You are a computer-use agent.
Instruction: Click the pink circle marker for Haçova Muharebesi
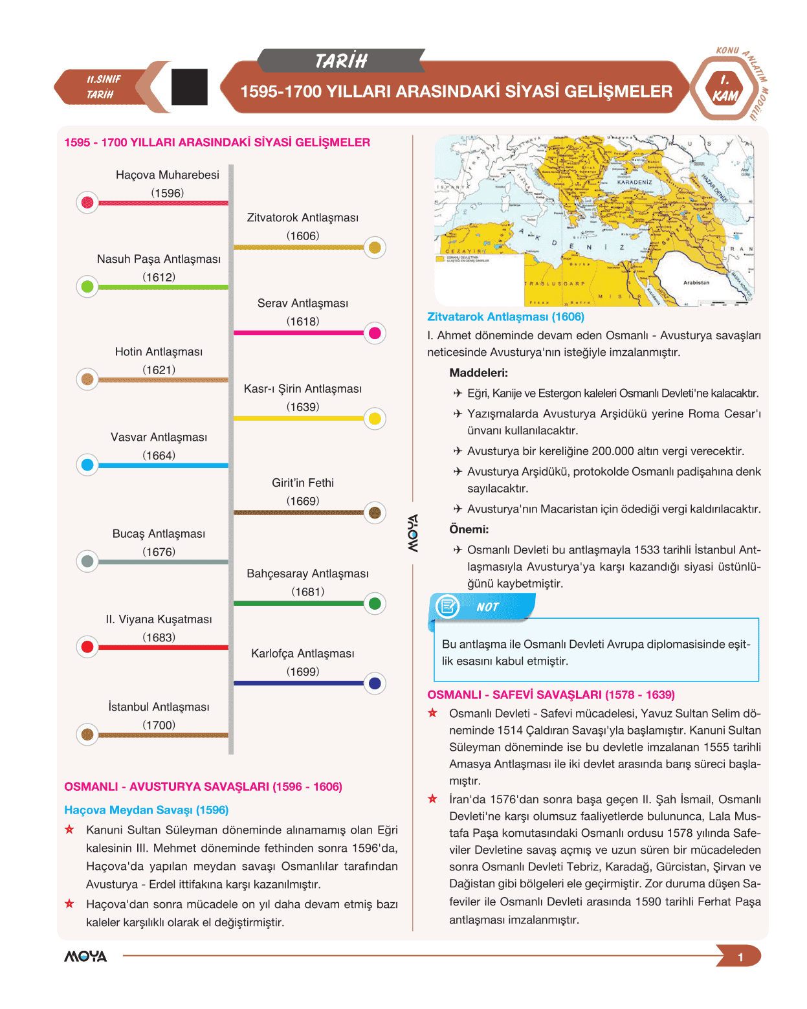click(x=87, y=203)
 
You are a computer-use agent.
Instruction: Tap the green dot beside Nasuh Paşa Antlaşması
click(x=87, y=286)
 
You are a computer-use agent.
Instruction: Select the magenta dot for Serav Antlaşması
click(x=375, y=333)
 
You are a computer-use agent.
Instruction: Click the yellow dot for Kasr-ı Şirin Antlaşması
click(x=375, y=419)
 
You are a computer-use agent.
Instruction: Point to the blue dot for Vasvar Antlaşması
click(x=87, y=465)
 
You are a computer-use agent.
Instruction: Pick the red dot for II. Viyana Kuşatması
click(x=87, y=647)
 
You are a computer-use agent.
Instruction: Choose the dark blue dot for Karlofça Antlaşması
click(x=375, y=683)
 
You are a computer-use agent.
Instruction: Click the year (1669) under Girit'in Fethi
click(x=303, y=501)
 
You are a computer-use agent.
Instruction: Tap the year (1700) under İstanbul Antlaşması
click(x=159, y=725)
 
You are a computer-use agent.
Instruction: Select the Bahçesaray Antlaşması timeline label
click(x=307, y=573)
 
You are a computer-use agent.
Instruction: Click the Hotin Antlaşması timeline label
click(x=159, y=351)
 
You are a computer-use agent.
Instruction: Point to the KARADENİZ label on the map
click(x=634, y=183)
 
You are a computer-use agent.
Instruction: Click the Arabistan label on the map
click(x=696, y=282)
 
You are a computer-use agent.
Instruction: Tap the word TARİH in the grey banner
click(x=341, y=61)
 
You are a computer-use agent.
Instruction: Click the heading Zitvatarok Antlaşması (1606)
click(x=505, y=316)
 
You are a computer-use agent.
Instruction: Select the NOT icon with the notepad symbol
click(x=447, y=606)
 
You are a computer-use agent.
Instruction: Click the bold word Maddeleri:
click(x=478, y=373)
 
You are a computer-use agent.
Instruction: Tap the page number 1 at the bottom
click(x=740, y=957)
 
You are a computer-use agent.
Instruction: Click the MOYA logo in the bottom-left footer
click(x=85, y=957)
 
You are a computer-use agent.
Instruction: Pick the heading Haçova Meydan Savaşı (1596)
click(x=146, y=810)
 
